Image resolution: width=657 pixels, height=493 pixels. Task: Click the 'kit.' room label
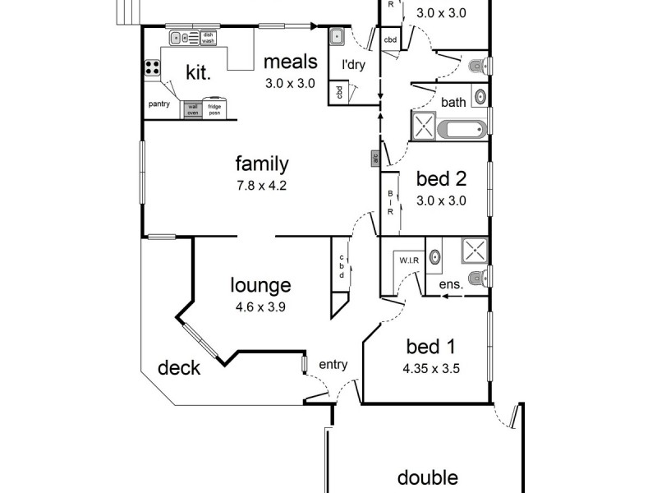pyautogui.click(x=198, y=73)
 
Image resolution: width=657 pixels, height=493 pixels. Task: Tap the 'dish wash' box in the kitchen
pyautogui.click(x=209, y=38)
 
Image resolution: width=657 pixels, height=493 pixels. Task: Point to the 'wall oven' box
pyautogui.click(x=193, y=109)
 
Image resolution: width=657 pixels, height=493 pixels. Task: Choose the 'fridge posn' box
pyautogui.click(x=214, y=109)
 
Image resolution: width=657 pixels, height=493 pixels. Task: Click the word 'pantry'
pyautogui.click(x=159, y=104)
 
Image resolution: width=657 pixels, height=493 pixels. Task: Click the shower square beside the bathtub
pyautogui.click(x=425, y=128)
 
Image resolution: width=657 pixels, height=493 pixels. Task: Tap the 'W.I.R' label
pyautogui.click(x=409, y=261)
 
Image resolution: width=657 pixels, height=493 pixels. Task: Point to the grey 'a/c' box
pyautogui.click(x=374, y=158)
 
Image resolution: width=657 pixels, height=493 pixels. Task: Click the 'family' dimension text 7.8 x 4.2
pyautogui.click(x=261, y=186)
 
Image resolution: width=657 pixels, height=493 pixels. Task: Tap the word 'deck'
pyautogui.click(x=179, y=367)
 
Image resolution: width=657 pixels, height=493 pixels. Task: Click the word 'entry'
pyautogui.click(x=333, y=365)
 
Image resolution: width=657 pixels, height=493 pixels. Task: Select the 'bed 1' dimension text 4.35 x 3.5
pyautogui.click(x=430, y=369)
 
